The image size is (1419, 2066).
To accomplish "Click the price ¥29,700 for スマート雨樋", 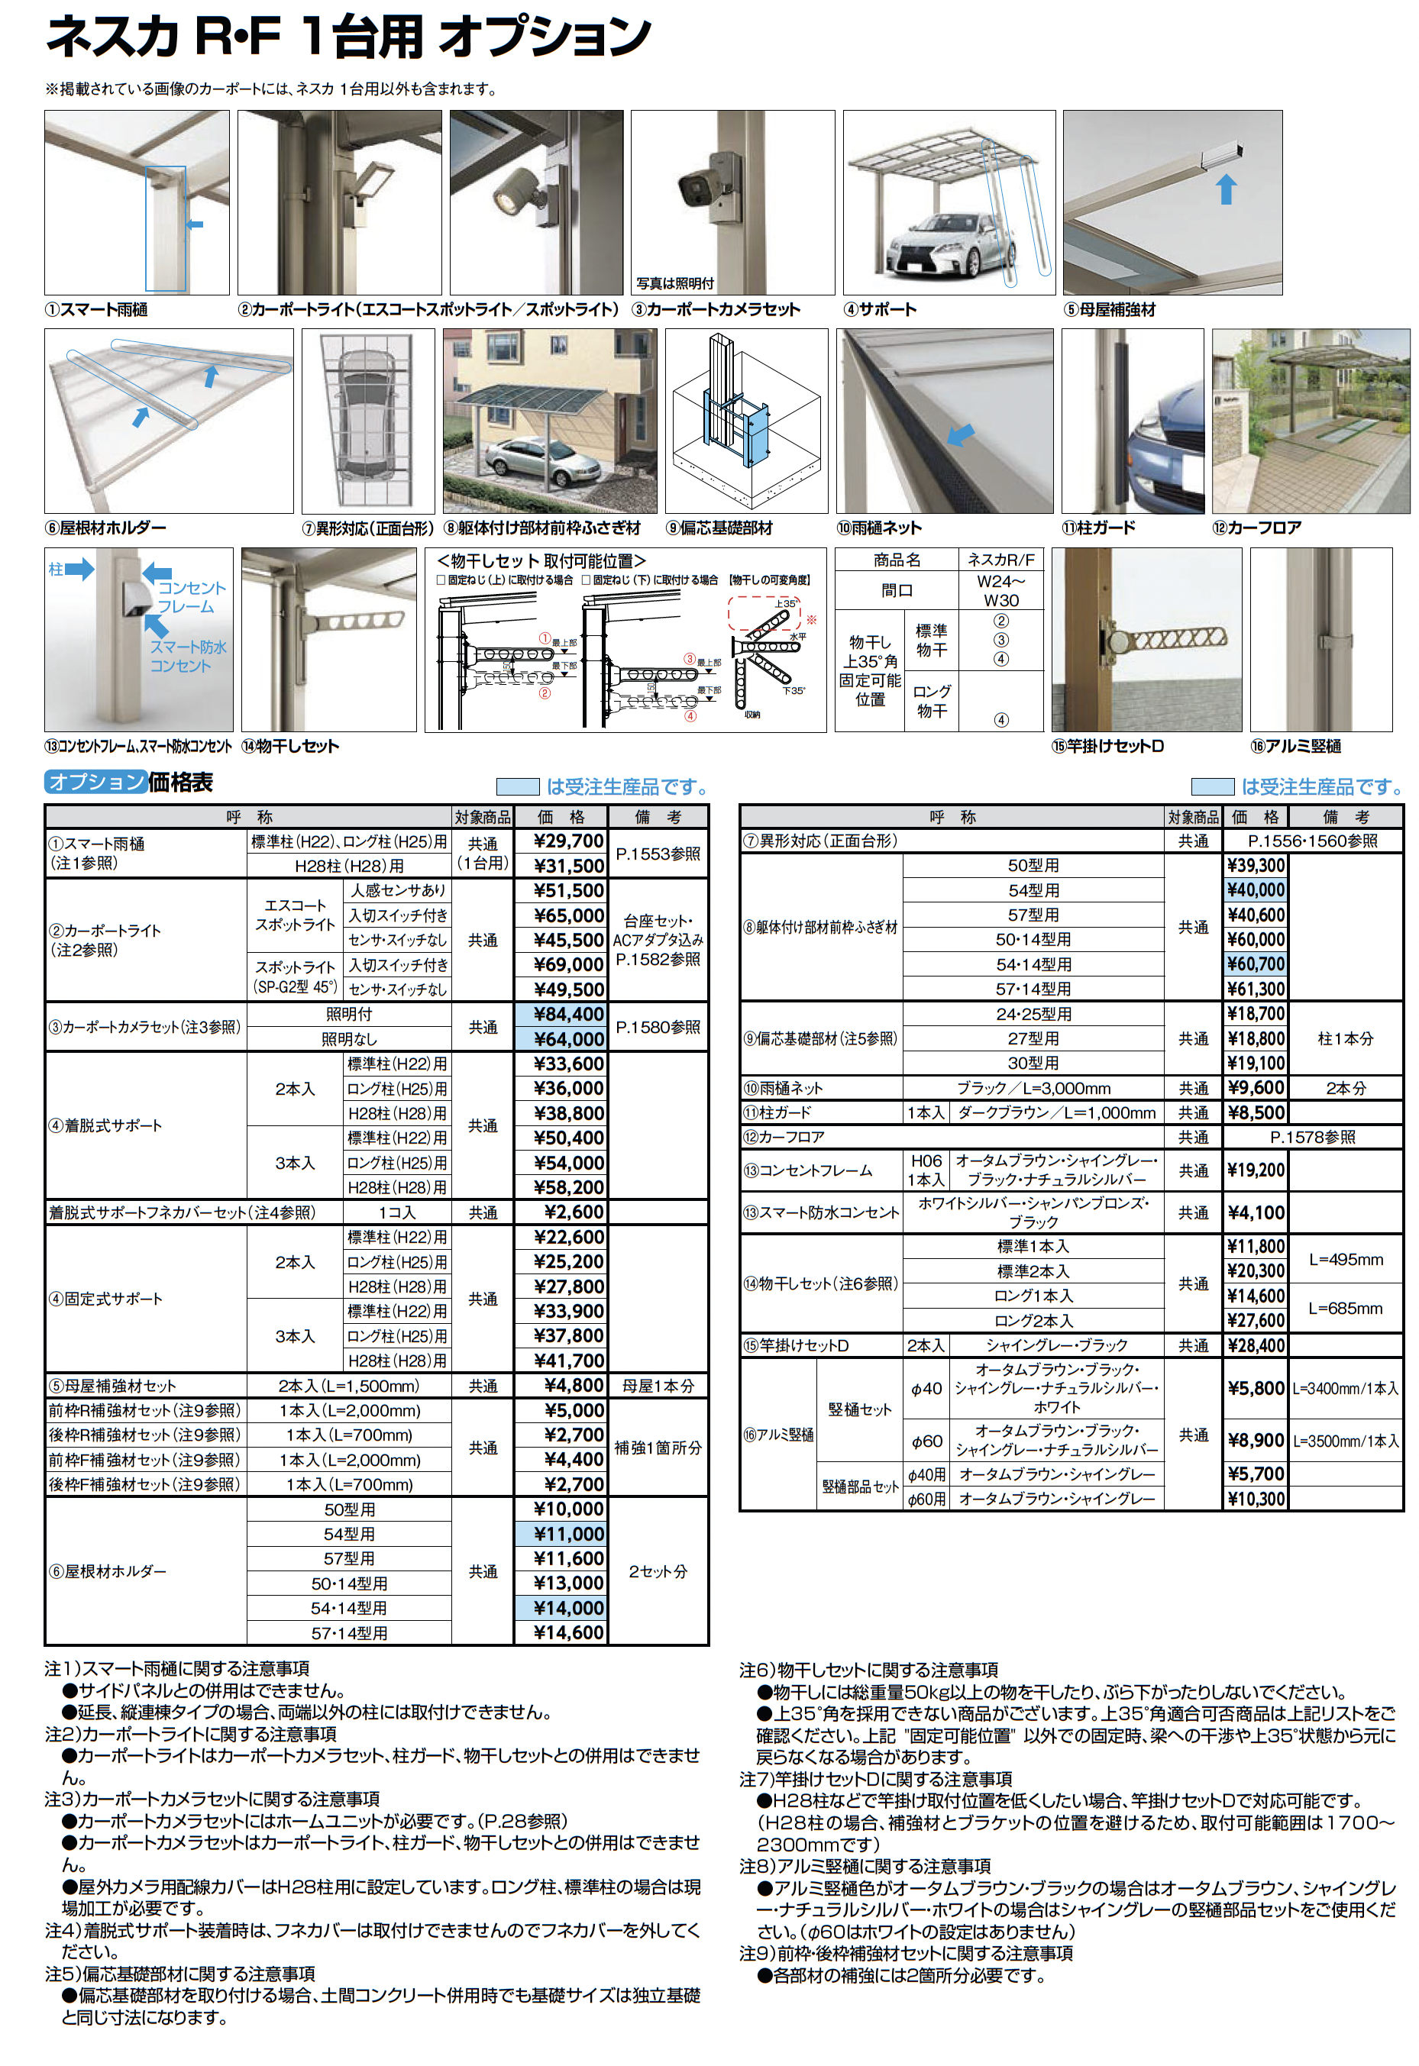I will (x=568, y=841).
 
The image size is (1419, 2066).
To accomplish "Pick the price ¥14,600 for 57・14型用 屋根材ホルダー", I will (x=568, y=1632).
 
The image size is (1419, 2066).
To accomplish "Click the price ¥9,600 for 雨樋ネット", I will (x=1256, y=1087).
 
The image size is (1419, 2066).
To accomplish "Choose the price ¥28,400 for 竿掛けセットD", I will (x=1256, y=1345).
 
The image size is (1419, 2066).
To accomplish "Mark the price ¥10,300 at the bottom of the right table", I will (x=1256, y=1499).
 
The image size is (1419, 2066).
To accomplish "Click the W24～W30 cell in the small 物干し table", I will (x=1000, y=590).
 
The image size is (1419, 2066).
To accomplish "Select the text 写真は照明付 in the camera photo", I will (x=675, y=283).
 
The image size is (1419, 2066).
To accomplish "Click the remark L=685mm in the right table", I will (x=1345, y=1308).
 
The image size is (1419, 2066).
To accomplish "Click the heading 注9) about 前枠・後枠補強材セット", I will (x=906, y=1953).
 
